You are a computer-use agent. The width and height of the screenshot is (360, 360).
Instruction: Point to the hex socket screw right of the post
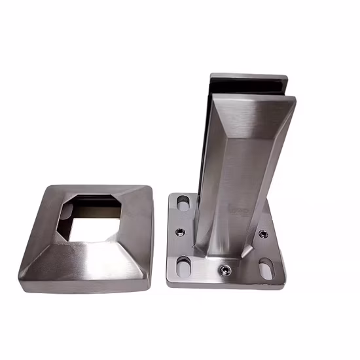(263, 234)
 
